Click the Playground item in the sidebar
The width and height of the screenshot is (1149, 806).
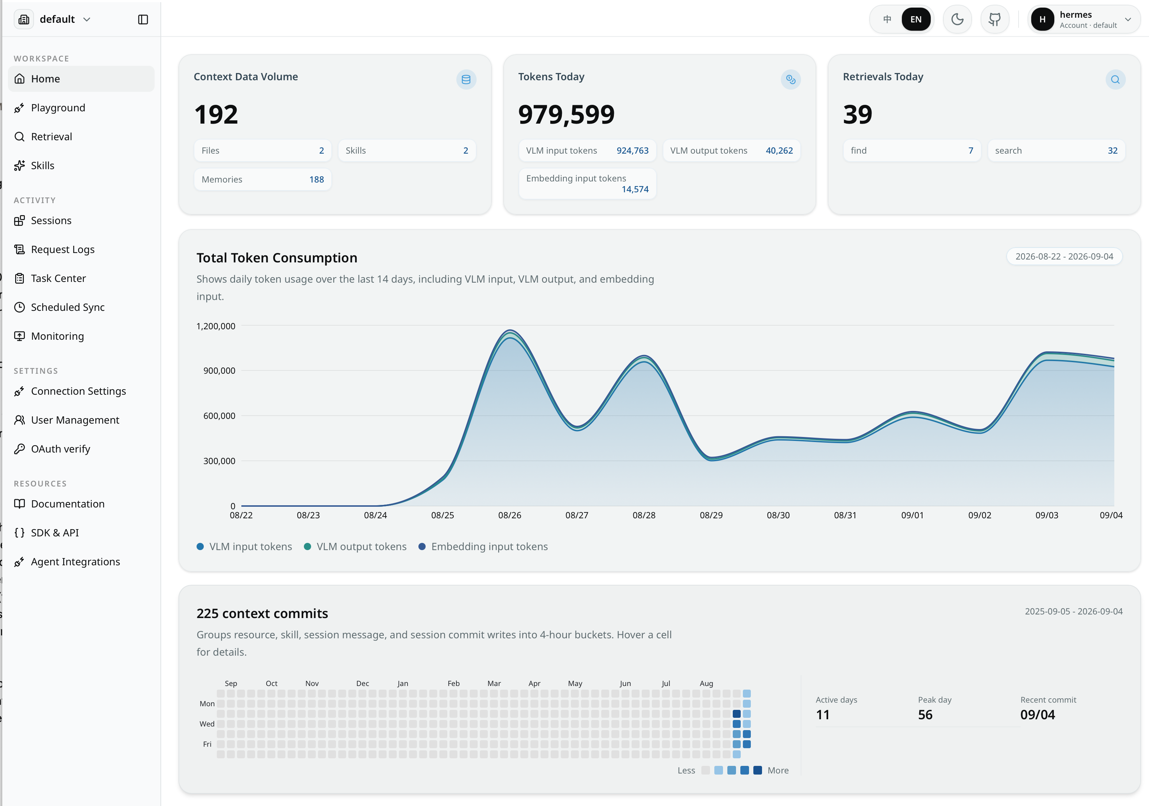(x=57, y=108)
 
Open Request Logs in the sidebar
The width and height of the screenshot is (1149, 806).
(x=63, y=249)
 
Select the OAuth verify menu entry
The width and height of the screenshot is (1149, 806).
(x=60, y=449)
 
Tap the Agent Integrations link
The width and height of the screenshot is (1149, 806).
(x=75, y=562)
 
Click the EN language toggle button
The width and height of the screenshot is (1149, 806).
(x=916, y=20)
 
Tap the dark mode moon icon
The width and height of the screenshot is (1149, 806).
(x=957, y=20)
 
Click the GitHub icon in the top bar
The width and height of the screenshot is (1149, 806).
(x=994, y=20)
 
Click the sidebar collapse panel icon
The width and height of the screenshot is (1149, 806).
(x=143, y=20)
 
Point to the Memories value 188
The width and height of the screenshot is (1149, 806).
(x=316, y=180)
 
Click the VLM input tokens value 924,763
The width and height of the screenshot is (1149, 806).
(x=633, y=151)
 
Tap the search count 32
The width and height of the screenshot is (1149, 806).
(x=1113, y=151)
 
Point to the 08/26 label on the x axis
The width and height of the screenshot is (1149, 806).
(x=509, y=515)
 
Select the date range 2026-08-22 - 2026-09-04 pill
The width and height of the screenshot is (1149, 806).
(x=1064, y=256)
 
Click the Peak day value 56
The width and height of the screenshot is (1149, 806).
(x=925, y=715)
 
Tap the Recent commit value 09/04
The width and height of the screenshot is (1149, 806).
(x=1037, y=715)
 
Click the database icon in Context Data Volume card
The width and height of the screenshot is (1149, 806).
(x=466, y=80)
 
